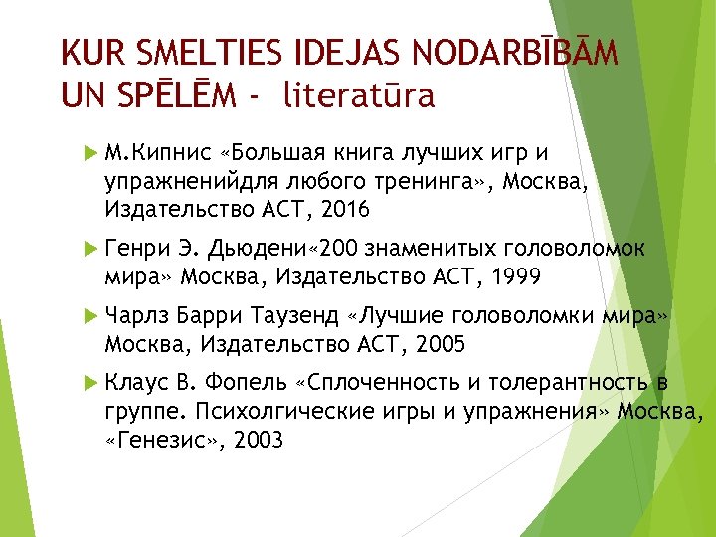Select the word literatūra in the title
[359, 95]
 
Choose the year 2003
[257, 439]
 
